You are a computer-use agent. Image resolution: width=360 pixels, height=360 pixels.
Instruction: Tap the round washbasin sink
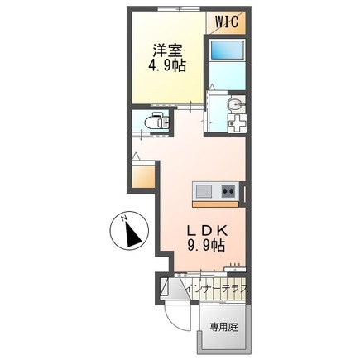click(x=235, y=105)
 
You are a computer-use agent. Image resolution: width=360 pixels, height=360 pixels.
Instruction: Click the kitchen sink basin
click(x=204, y=192)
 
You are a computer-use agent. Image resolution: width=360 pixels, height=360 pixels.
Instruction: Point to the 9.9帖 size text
click(x=207, y=245)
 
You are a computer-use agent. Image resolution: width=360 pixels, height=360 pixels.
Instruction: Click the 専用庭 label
click(x=223, y=327)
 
